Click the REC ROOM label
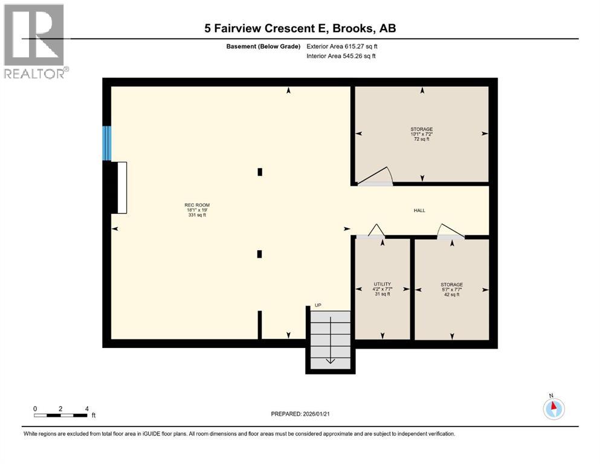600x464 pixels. [197, 210]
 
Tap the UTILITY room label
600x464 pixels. [382, 289]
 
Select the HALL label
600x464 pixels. [419, 210]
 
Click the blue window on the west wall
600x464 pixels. [107, 143]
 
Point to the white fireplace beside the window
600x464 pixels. [121, 187]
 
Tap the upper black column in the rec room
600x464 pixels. [260, 172]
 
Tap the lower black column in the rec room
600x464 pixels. [260, 254]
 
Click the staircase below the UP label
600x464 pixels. [330, 338]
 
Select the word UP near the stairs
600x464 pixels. [317, 306]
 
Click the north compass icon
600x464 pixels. [553, 408]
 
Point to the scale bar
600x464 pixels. [61, 415]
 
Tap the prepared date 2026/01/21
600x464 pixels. [300, 414]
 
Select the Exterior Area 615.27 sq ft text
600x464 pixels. [343, 46]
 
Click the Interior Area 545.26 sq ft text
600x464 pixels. [341, 56]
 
